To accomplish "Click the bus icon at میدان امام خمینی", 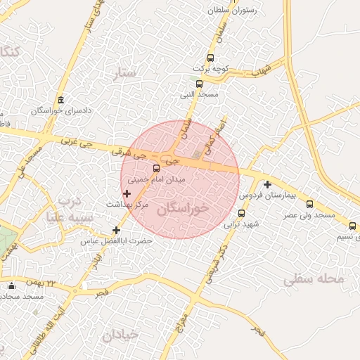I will tap(156, 168).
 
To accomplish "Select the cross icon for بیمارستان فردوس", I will tap(267, 184).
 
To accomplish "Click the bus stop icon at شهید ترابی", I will tap(242, 213).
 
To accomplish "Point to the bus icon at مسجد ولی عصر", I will tap(309, 204).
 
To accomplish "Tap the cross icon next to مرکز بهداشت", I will tap(127, 193).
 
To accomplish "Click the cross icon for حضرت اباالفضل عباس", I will tap(117, 230).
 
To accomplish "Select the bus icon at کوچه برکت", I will tap(210, 58).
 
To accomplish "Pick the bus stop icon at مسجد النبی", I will tap(200, 84).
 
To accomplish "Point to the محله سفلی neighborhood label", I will tap(315, 280).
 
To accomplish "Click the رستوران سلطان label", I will tap(233, 11).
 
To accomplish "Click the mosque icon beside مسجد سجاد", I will tap(11, 285).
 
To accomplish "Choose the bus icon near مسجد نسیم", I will tap(353, 226).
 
